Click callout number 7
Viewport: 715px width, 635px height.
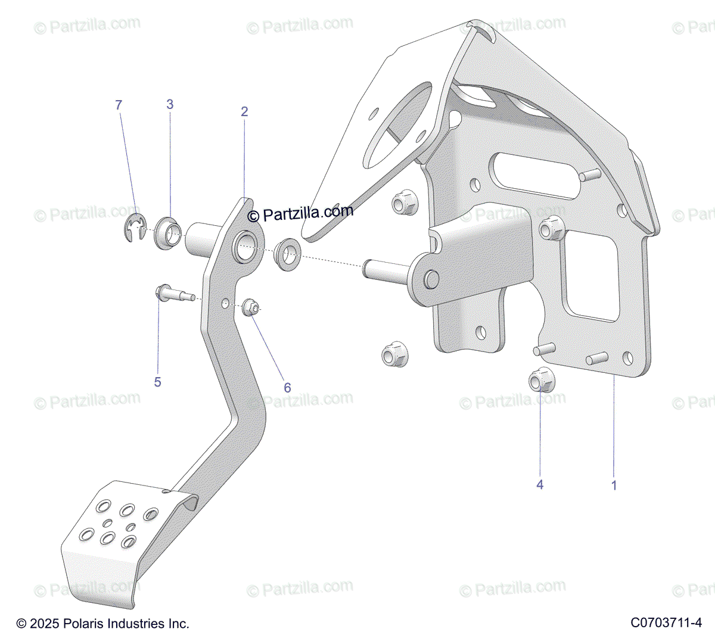[x=119, y=105]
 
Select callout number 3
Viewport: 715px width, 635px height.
[x=170, y=105]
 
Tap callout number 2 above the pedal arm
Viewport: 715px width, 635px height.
[x=244, y=111]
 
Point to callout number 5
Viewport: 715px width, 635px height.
[x=157, y=382]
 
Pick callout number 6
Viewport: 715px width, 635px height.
[x=287, y=388]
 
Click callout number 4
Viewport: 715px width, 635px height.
[x=540, y=485]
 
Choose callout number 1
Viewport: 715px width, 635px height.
[x=614, y=485]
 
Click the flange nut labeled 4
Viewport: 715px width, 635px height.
[x=541, y=379]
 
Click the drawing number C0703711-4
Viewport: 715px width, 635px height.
[x=666, y=623]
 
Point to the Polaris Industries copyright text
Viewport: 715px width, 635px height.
[x=102, y=624]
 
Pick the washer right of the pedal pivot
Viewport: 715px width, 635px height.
[x=290, y=253]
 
